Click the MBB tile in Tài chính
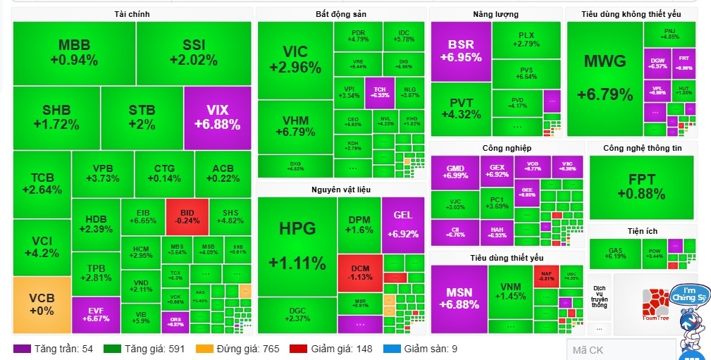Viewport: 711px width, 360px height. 74,53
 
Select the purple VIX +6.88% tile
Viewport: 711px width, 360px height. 217,117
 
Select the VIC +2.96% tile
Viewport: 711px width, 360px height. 295,59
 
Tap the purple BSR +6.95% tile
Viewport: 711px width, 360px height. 461,51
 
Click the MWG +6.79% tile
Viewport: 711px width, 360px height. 605,77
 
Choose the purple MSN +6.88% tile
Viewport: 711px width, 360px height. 459,298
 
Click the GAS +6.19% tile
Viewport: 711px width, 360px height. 614,254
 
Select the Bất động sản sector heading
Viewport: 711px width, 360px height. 340,14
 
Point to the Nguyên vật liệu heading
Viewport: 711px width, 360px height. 340,190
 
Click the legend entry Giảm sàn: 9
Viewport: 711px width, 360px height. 421,349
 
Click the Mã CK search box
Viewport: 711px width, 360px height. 620,350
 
